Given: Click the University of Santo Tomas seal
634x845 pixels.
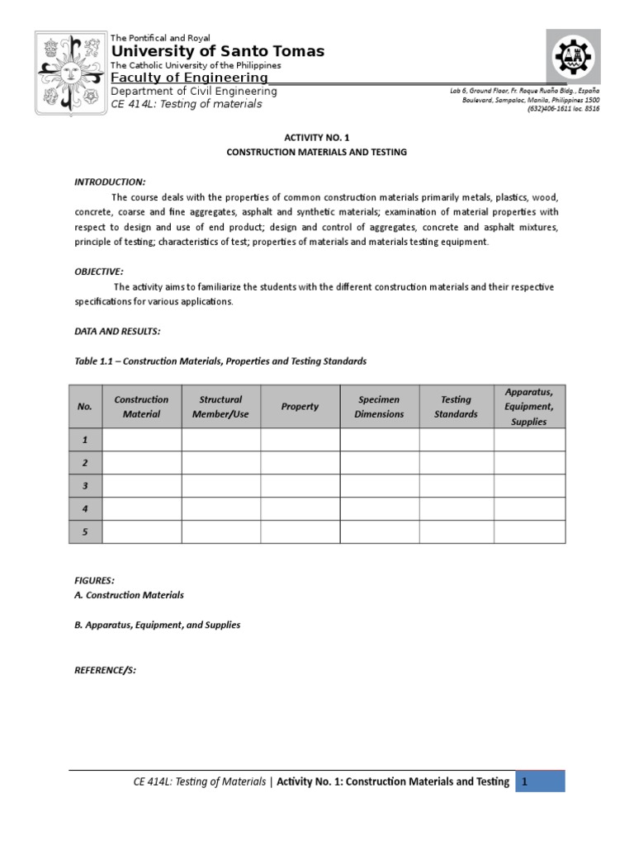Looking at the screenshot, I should tap(69, 73).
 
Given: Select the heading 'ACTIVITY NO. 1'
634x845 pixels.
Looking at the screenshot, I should tap(316, 138).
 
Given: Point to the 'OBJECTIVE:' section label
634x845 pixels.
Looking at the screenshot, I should tap(99, 271).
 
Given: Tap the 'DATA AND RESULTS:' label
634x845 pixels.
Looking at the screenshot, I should tap(117, 331).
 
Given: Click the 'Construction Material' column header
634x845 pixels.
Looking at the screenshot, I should tap(141, 407).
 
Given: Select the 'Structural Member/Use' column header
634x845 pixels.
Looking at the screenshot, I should tap(220, 407).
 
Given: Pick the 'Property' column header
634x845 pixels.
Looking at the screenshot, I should tap(300, 407).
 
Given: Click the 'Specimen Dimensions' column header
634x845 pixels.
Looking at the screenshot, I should tap(379, 407).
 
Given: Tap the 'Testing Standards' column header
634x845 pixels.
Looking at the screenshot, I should tap(456, 407).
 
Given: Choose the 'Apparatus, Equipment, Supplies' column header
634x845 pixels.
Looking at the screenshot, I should tap(529, 406).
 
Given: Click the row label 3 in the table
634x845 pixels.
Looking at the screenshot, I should tap(85, 486).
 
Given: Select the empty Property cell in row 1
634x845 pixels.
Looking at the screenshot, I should tap(300, 440).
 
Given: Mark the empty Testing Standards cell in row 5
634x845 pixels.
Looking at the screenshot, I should tap(456, 532).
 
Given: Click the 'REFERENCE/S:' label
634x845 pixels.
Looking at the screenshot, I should tap(105, 670).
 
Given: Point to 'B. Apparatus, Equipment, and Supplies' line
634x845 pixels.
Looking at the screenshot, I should tap(157, 625).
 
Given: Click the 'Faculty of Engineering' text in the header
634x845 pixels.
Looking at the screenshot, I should tap(189, 78).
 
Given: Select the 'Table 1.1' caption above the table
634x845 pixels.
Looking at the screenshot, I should tap(220, 361).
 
